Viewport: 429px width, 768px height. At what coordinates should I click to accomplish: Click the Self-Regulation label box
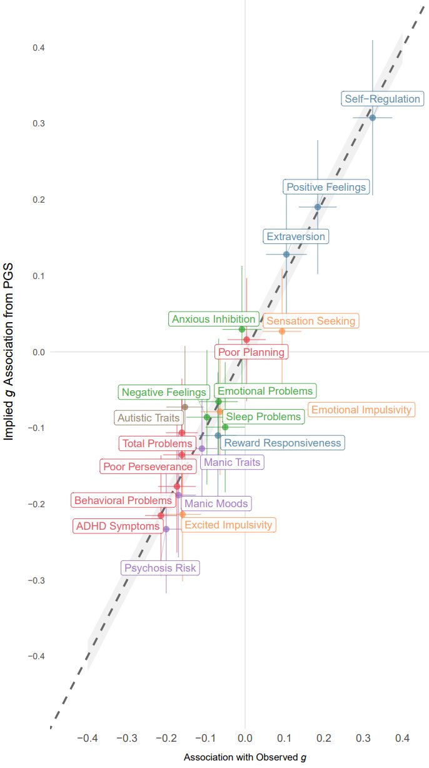pos(383,99)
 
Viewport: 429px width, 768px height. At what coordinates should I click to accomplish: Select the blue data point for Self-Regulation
pos(373,118)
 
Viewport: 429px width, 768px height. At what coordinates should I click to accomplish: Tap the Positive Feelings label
pos(326,187)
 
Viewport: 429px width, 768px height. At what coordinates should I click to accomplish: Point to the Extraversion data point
pos(286,255)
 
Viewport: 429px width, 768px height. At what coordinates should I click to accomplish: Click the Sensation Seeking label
pos(310,321)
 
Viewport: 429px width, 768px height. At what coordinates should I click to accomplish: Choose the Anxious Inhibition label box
pos(213,319)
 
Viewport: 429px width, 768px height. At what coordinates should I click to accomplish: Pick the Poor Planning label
pos(251,352)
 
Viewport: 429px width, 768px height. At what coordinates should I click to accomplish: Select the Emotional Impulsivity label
pos(361,410)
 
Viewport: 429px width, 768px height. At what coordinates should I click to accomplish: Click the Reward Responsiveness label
pos(282,443)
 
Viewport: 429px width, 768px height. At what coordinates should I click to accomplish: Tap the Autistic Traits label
pos(148,418)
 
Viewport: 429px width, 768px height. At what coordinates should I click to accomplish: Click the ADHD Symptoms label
pos(118,526)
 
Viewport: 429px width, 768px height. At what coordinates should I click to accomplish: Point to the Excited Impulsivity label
pos(229,525)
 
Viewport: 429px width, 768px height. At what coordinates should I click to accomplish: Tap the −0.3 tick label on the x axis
pos(127,739)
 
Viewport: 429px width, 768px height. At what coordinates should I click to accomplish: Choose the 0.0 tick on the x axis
pos(245,739)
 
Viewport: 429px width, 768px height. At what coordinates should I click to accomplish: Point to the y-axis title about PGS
pos(9,351)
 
